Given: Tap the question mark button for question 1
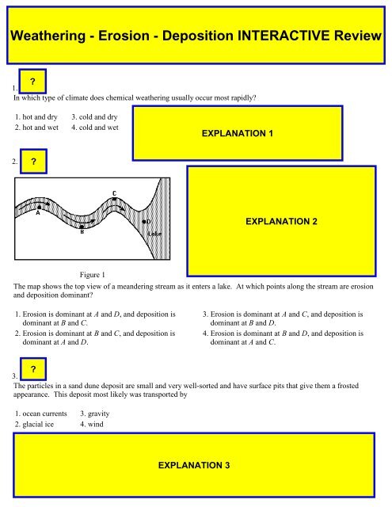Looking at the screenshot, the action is coord(32,82).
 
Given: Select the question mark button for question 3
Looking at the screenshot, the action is coord(32,370).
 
